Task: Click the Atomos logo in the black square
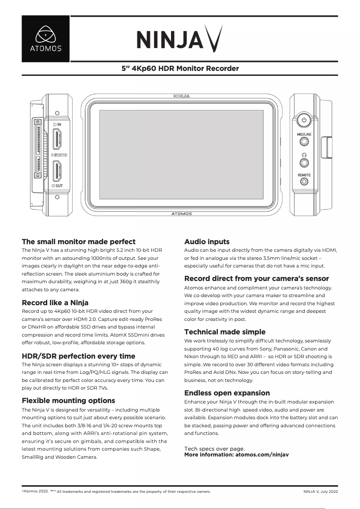coord(46,39)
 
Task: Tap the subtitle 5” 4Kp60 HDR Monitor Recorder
coord(180,69)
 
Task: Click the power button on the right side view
coord(304,120)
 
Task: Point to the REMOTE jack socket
coord(304,182)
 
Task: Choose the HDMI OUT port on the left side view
coord(57,171)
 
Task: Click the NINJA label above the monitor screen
coord(181,96)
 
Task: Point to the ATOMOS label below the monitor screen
coord(181,214)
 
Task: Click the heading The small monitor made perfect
coord(79,241)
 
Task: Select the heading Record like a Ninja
coord(55,303)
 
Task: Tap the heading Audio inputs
coord(207,241)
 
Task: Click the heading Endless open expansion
coord(227,393)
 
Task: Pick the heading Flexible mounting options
coord(69,400)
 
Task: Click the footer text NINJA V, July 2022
coord(320,491)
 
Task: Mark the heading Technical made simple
coord(225,332)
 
